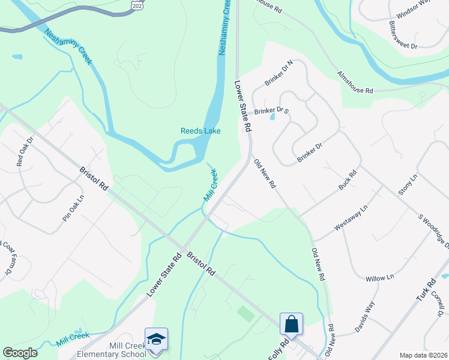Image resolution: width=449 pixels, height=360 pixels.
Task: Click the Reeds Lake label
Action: (x=200, y=131)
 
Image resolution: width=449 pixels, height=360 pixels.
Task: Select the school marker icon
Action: (x=156, y=340)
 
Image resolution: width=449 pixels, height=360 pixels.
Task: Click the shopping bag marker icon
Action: (x=291, y=325)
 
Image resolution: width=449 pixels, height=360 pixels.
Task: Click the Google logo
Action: (x=20, y=353)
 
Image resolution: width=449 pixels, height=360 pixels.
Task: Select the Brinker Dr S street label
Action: (x=271, y=111)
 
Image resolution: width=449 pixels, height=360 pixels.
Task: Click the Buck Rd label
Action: (x=347, y=180)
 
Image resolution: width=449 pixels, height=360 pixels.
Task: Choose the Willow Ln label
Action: (x=380, y=278)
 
